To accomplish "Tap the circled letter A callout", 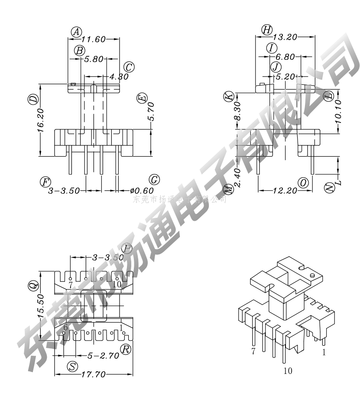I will point(76,32).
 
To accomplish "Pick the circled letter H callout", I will point(267,29).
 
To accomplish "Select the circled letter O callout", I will point(304,183).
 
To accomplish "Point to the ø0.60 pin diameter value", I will point(142,190).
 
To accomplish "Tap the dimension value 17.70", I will point(94,375).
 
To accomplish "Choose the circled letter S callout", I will point(73,367).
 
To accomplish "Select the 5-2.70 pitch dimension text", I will point(104,356).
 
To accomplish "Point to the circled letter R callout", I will point(126,349).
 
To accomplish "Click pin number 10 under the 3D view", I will point(288,370).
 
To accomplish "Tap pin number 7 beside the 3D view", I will point(253,351).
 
